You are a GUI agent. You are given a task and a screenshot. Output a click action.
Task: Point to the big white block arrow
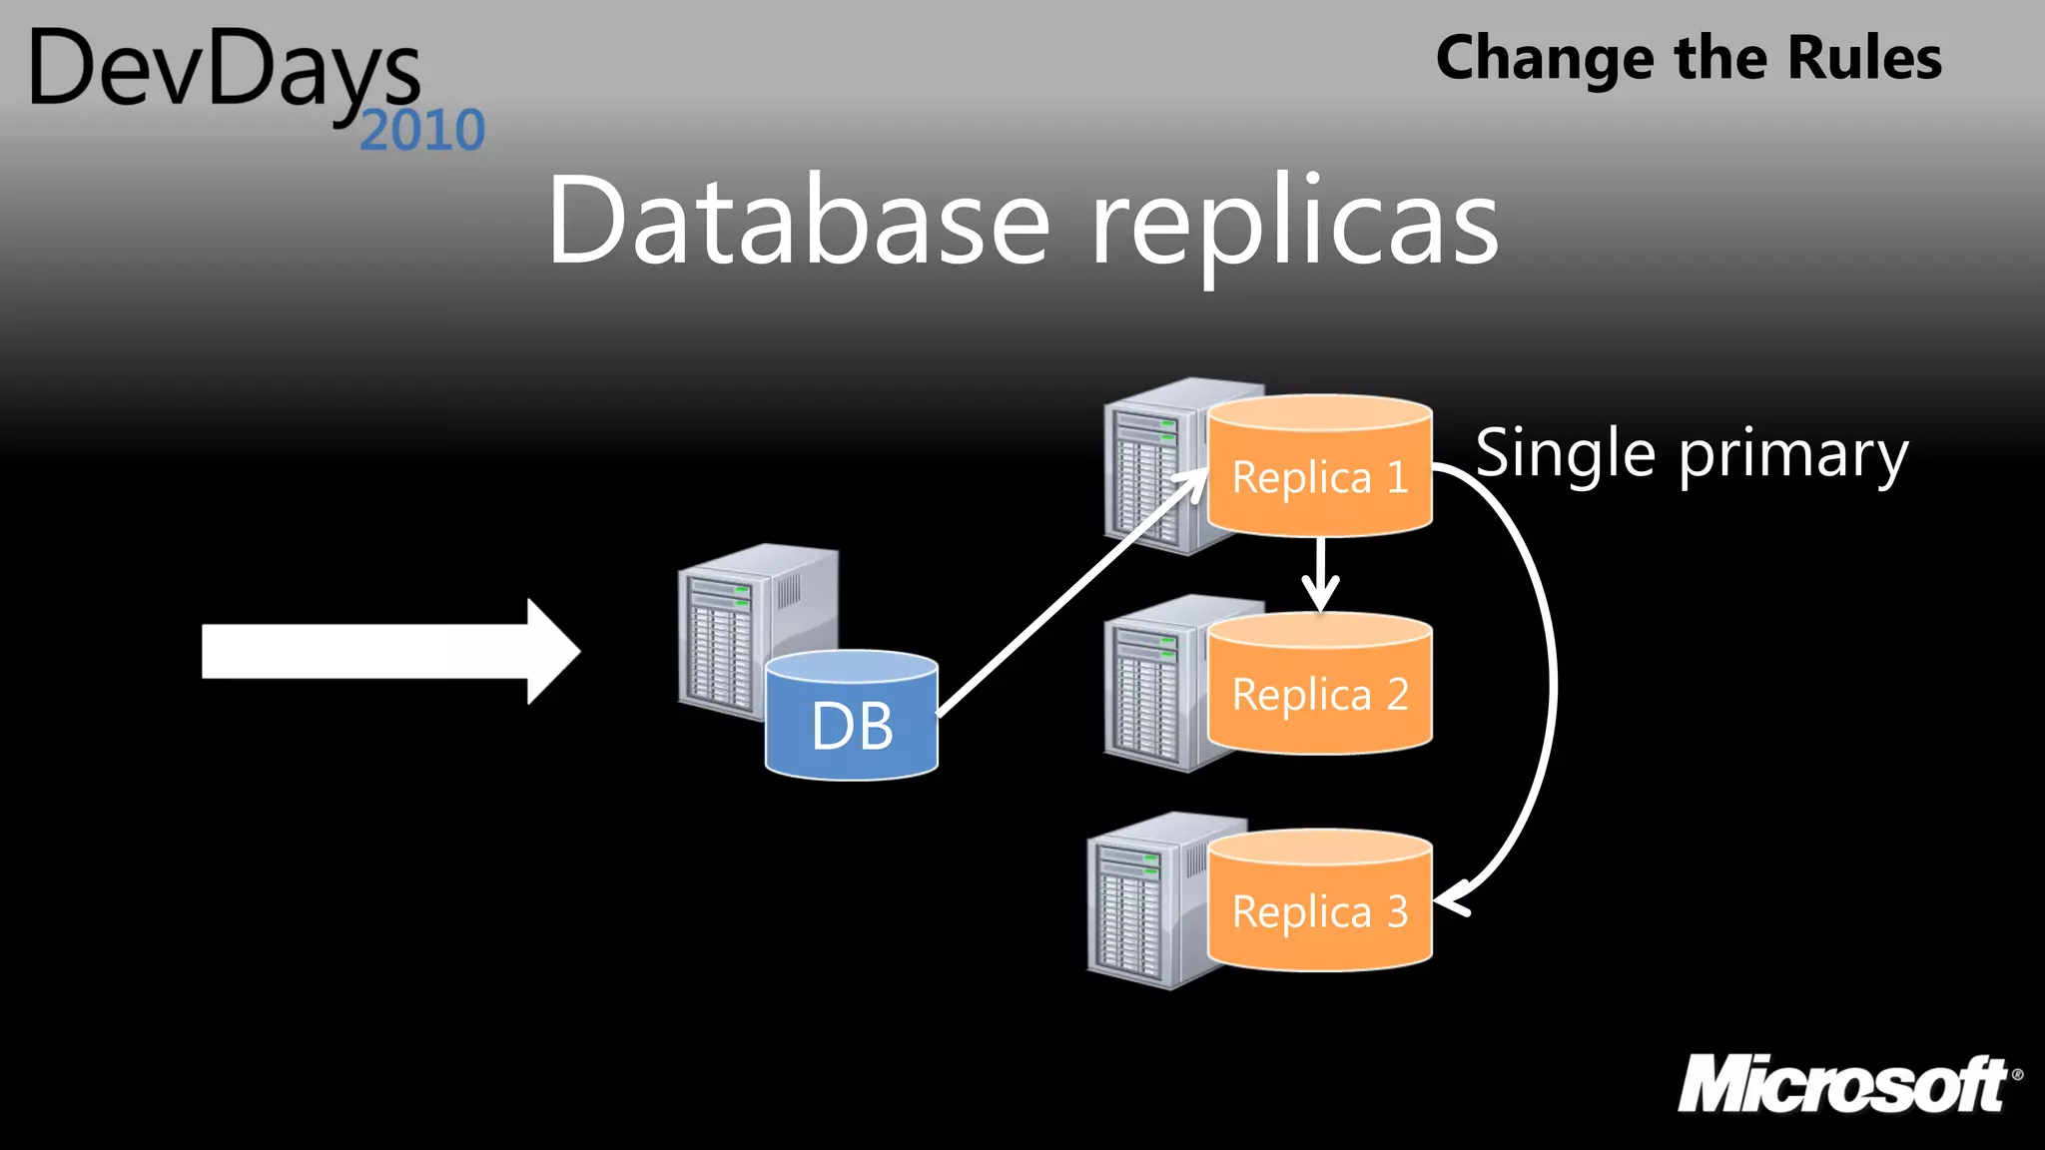pos(389,652)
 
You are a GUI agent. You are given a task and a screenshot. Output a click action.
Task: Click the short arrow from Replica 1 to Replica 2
pos(1321,575)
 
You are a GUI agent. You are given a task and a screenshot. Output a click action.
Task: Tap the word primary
pos(1793,456)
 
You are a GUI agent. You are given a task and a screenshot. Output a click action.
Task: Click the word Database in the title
pos(799,222)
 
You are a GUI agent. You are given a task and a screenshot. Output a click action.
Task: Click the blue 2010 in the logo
pos(422,131)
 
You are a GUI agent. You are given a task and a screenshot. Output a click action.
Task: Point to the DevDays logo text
pos(225,70)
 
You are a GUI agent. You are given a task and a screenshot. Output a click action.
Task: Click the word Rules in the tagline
pos(1864,58)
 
